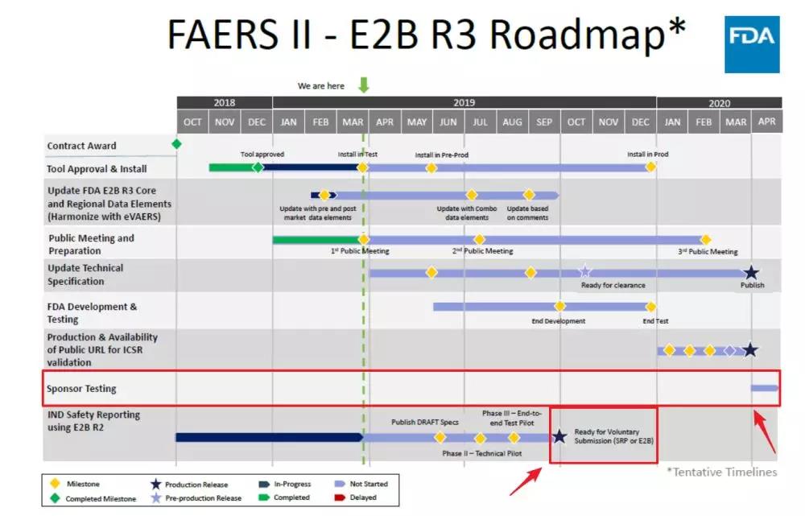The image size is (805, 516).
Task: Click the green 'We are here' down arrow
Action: coord(363,85)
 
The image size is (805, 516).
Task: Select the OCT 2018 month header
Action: coord(192,122)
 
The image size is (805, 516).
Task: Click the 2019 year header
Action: coord(464,103)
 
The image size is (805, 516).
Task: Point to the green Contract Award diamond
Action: coord(176,144)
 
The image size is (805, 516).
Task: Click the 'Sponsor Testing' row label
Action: coord(81,389)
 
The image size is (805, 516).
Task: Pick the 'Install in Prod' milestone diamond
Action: coord(650,167)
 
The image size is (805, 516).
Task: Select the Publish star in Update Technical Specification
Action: coord(751,272)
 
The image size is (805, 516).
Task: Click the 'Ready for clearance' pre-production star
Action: coord(585,272)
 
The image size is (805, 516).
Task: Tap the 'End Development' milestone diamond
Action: coord(559,306)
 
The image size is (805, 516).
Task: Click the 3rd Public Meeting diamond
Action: coord(706,240)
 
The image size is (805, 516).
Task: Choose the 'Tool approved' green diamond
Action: coord(258,167)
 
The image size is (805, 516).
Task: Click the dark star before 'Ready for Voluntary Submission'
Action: coord(559,437)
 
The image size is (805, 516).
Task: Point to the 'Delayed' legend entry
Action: coord(369,497)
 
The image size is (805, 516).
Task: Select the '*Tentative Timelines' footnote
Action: coord(721,472)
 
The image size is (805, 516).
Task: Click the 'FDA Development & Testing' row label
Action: coord(92,313)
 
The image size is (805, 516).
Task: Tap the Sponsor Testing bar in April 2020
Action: coord(765,389)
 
